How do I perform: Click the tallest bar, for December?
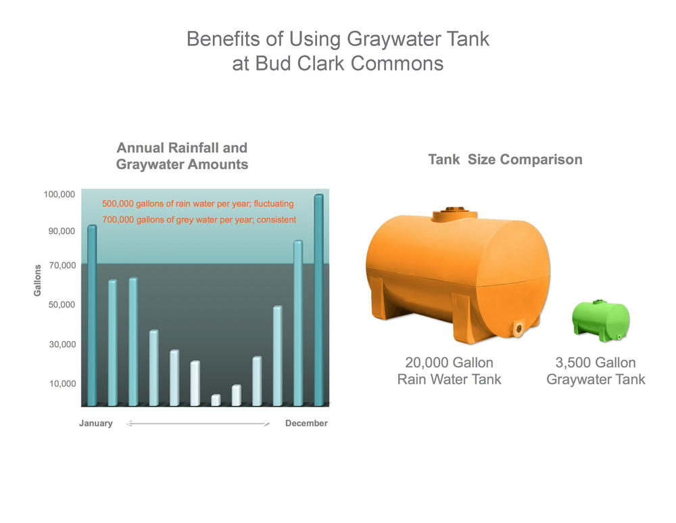pyautogui.click(x=318, y=300)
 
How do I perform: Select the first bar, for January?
pyautogui.click(x=92, y=315)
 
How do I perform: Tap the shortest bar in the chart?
pyautogui.click(x=216, y=400)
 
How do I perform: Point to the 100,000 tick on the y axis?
pyautogui.click(x=59, y=194)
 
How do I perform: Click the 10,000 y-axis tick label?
pyautogui.click(x=62, y=384)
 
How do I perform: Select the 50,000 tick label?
pyautogui.click(x=62, y=304)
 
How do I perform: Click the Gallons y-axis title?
pyautogui.click(x=37, y=281)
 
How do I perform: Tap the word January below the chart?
pyautogui.click(x=96, y=424)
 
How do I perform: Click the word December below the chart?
pyautogui.click(x=306, y=424)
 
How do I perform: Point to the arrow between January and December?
pyautogui.click(x=198, y=424)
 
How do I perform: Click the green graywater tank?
pyautogui.click(x=601, y=321)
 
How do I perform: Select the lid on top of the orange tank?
pyautogui.click(x=455, y=214)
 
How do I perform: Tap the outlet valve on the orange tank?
pyautogui.click(x=518, y=328)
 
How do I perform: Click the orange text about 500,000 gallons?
pyautogui.click(x=198, y=204)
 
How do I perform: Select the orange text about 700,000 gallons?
pyautogui.click(x=199, y=220)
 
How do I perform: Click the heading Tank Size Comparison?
pyautogui.click(x=505, y=159)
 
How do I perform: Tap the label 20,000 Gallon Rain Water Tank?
pyautogui.click(x=450, y=371)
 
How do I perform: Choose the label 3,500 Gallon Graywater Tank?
pyautogui.click(x=596, y=371)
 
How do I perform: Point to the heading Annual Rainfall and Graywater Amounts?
pyautogui.click(x=182, y=156)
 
